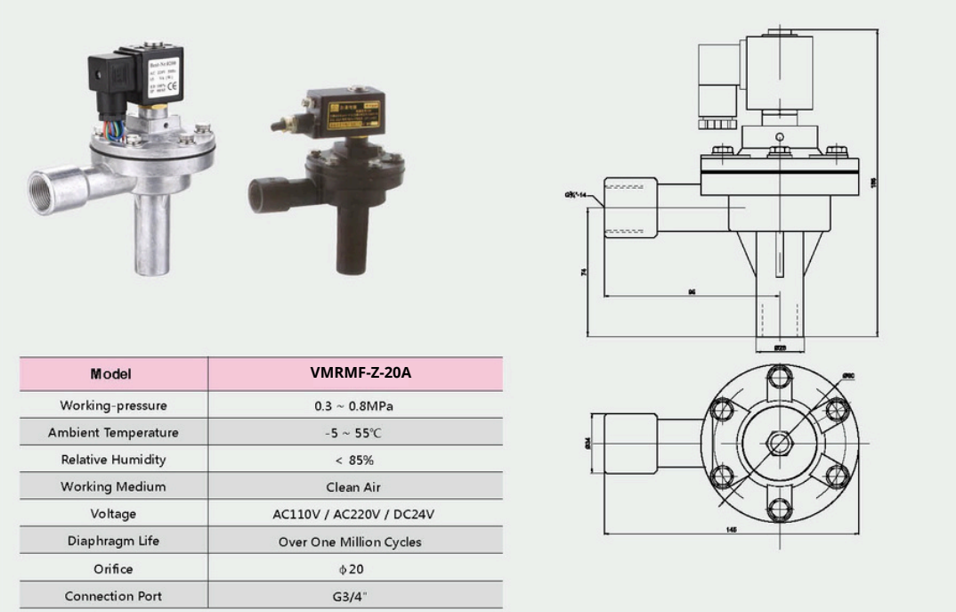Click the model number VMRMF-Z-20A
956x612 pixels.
[x=354, y=373]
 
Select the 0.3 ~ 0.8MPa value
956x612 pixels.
[x=354, y=405]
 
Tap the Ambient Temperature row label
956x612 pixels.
[x=113, y=433]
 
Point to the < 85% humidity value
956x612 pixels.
[x=354, y=460]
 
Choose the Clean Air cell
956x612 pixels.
[x=354, y=487]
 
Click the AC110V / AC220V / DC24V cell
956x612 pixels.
[x=354, y=514]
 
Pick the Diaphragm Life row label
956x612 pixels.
[x=113, y=541]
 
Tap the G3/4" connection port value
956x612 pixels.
[x=354, y=596]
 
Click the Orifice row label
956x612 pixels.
[x=113, y=568]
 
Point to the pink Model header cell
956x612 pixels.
[x=113, y=374]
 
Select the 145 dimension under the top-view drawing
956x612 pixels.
[x=731, y=529]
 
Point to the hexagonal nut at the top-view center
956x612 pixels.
[x=780, y=442]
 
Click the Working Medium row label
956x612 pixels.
[x=113, y=487]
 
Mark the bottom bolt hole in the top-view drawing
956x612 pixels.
[x=780, y=507]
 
